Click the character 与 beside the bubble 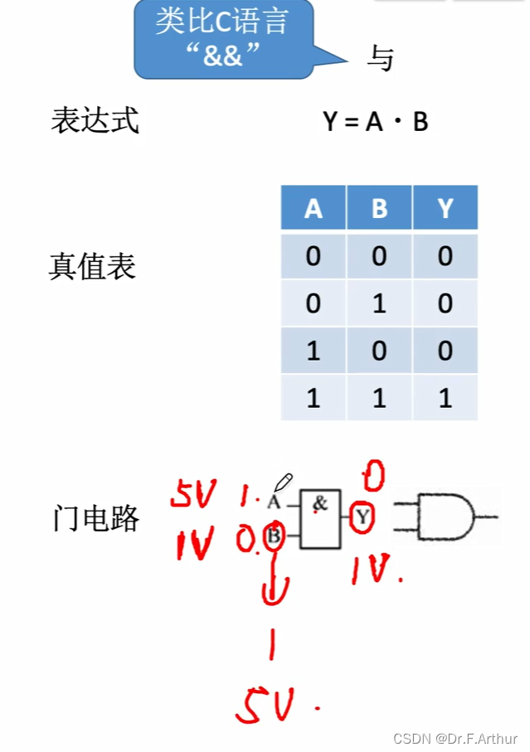[x=380, y=59]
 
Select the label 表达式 [x=95, y=121]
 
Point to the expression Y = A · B [x=376, y=123]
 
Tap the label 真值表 [x=92, y=267]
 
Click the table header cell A [x=313, y=208]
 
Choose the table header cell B [x=379, y=208]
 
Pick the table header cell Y [x=445, y=208]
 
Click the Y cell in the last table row [x=445, y=398]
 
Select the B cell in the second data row [x=379, y=303]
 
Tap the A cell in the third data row [x=313, y=351]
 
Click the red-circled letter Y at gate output [x=362, y=518]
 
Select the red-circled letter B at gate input [x=275, y=536]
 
